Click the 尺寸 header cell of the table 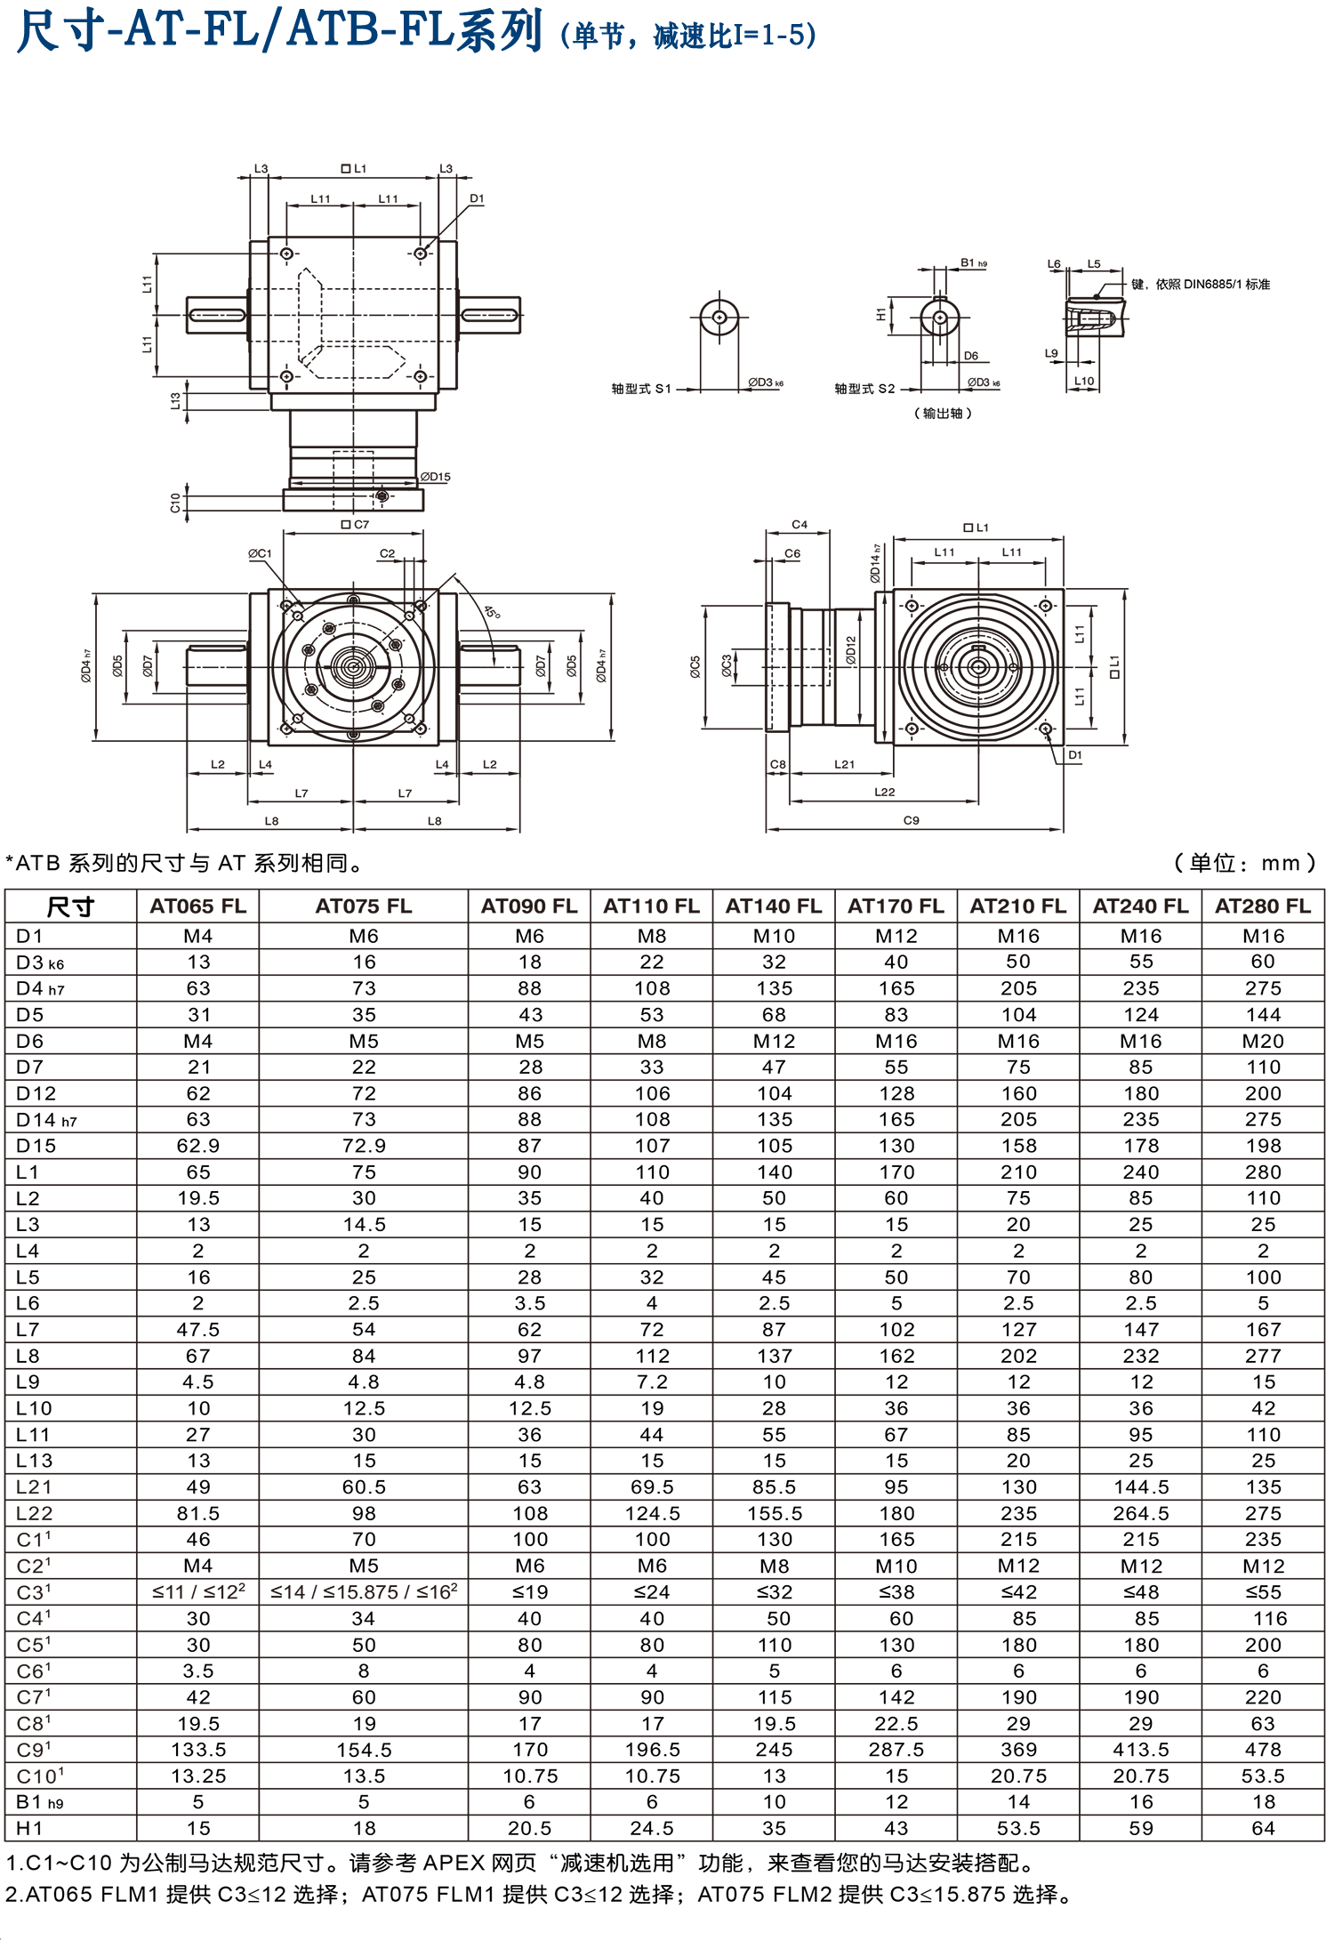click(x=70, y=907)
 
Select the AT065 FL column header click(x=197, y=906)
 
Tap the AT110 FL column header click(x=651, y=906)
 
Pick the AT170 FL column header click(x=895, y=906)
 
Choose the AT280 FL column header click(x=1262, y=906)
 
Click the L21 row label click(x=35, y=1486)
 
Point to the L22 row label click(x=35, y=1513)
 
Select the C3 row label click(x=34, y=1592)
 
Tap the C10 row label click(x=40, y=1776)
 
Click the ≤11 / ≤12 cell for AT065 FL click(x=197, y=1592)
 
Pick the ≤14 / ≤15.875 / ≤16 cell click(x=364, y=1592)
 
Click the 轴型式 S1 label click(x=640, y=389)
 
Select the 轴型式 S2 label click(x=864, y=389)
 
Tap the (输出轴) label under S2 click(x=943, y=414)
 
